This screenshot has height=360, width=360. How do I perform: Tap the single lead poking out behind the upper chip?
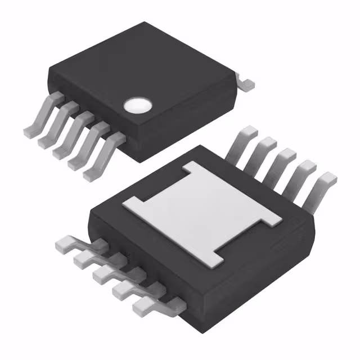coord(245,82)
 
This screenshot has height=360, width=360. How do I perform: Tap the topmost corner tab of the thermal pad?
coord(191,167)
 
